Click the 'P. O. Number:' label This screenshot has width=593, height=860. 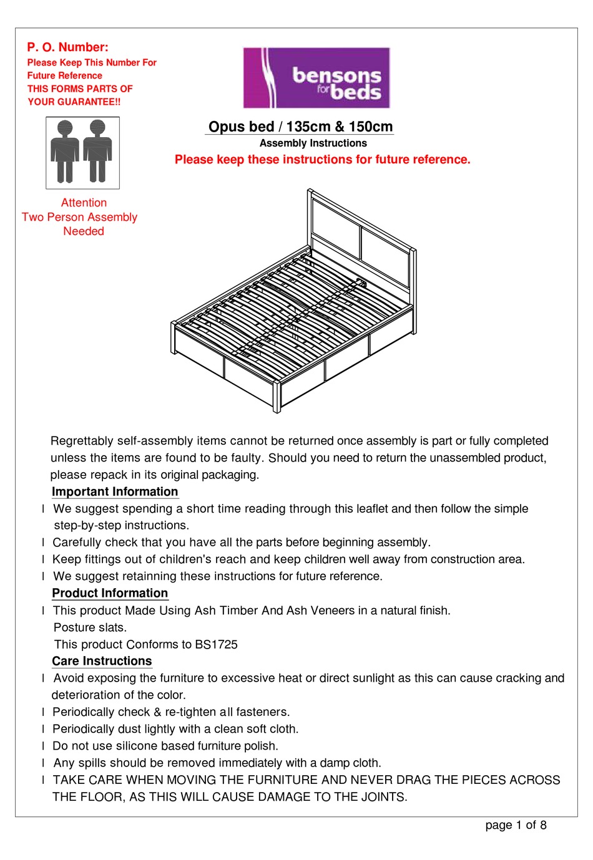click(x=67, y=47)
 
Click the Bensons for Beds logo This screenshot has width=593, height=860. click(x=316, y=78)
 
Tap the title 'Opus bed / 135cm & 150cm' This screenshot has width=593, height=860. click(x=300, y=127)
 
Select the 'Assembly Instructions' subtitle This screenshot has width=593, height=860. click(x=313, y=143)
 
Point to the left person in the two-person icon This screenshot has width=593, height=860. click(x=65, y=152)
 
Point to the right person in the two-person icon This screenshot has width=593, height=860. click(x=97, y=152)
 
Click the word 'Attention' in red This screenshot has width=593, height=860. click(x=84, y=203)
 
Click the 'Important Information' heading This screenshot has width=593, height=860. click(x=115, y=491)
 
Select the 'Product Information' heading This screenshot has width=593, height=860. click(x=110, y=593)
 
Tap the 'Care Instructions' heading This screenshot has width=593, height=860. click(x=102, y=661)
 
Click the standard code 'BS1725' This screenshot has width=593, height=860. click(x=216, y=644)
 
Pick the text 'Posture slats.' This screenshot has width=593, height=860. click(x=90, y=627)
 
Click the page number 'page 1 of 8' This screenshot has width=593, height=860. click(x=516, y=825)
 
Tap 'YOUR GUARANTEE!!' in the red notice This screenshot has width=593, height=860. click(x=74, y=102)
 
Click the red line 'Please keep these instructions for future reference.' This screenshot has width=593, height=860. click(x=322, y=160)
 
